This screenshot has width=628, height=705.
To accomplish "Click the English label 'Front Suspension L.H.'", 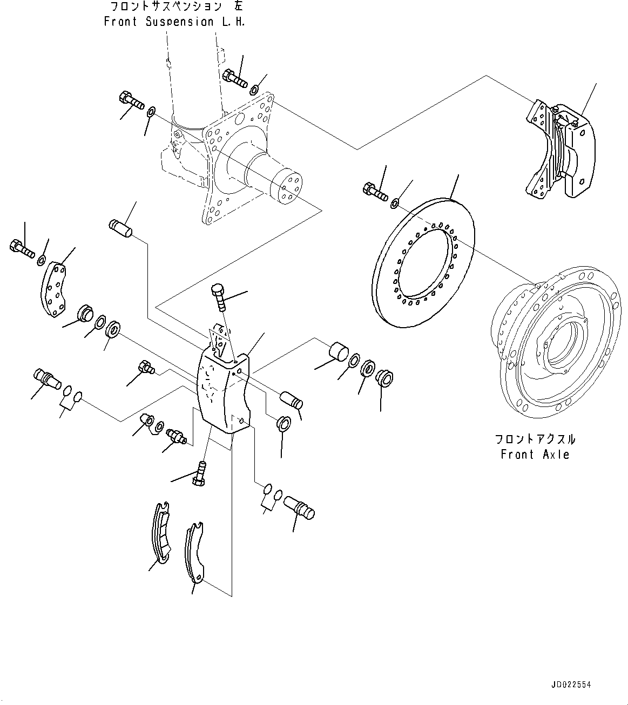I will [174, 22].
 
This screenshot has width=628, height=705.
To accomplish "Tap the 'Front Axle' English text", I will [535, 455].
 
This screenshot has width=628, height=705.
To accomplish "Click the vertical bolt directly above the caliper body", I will [219, 297].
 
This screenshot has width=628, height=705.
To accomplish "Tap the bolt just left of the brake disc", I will [375, 191].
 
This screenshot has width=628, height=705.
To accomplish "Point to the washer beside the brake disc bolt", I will [395, 204].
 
